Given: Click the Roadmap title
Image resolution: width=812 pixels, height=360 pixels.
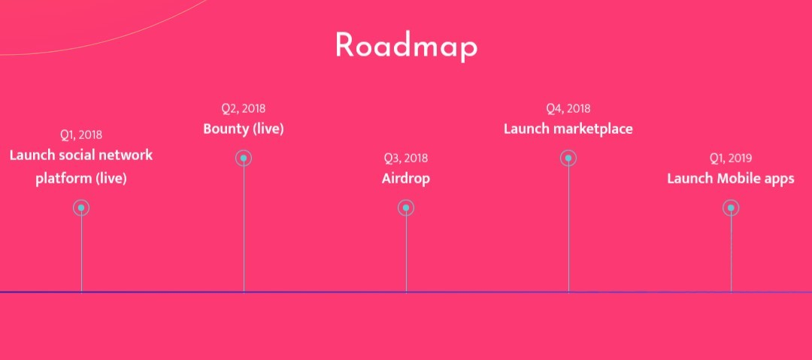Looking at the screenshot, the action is [406, 46].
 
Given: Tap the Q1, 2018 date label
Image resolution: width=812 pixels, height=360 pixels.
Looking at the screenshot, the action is [81, 135].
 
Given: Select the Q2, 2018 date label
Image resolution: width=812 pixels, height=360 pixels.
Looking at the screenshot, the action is [244, 108].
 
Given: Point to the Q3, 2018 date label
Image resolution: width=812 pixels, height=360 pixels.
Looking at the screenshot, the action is [406, 158].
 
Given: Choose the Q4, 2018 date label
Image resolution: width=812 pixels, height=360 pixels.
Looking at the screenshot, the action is [568, 108].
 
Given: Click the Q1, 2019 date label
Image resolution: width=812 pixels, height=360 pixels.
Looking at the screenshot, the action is [731, 158].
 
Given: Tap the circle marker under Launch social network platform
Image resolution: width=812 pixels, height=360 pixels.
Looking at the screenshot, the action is [81, 207].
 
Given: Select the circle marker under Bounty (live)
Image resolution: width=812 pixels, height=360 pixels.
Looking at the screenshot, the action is [244, 158].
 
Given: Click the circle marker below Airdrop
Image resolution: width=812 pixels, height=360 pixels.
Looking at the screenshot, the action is [406, 207].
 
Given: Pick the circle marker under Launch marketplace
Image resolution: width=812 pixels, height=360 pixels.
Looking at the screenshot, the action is [568, 158].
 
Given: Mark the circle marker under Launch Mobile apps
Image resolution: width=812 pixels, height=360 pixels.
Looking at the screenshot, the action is [731, 207].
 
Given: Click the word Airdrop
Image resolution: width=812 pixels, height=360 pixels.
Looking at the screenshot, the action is [406, 179].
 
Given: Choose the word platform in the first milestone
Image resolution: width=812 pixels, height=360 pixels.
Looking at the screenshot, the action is [64, 179].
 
